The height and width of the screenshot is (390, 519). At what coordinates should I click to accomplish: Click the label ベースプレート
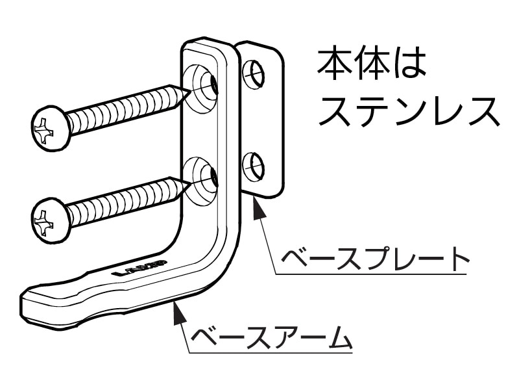374,259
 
